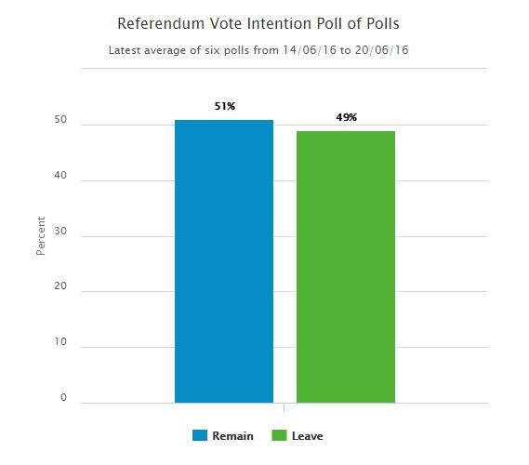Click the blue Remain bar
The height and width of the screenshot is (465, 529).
[224, 261]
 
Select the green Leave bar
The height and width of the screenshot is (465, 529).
[346, 267]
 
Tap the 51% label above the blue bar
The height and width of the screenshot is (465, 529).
[224, 107]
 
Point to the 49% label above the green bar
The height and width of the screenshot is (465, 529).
[346, 118]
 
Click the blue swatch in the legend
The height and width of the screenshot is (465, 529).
[199, 435]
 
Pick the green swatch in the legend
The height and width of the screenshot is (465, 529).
[279, 435]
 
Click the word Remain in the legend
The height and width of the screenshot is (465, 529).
[233, 435]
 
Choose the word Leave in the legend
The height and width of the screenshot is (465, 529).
[308, 435]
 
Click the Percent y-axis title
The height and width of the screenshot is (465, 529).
[40, 236]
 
